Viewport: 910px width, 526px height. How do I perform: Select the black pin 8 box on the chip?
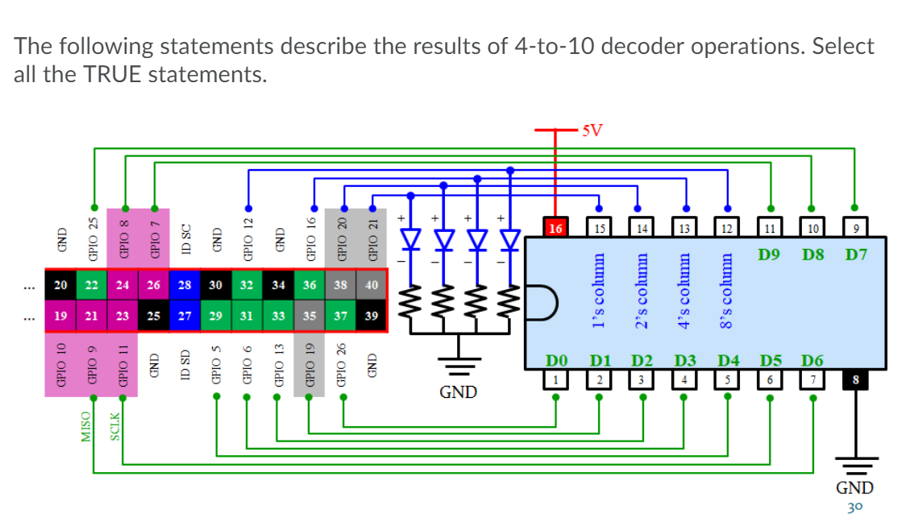pos(855,379)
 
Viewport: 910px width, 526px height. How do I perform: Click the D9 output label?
pos(770,255)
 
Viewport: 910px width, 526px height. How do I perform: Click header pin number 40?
pos(372,284)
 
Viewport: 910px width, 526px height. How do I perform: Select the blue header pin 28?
pos(185,284)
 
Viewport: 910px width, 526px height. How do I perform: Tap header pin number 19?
pos(60,316)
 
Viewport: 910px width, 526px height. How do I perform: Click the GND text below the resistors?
pos(459,392)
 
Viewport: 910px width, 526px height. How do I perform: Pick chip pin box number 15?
pos(598,227)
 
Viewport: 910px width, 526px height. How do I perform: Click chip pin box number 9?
pos(855,227)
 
